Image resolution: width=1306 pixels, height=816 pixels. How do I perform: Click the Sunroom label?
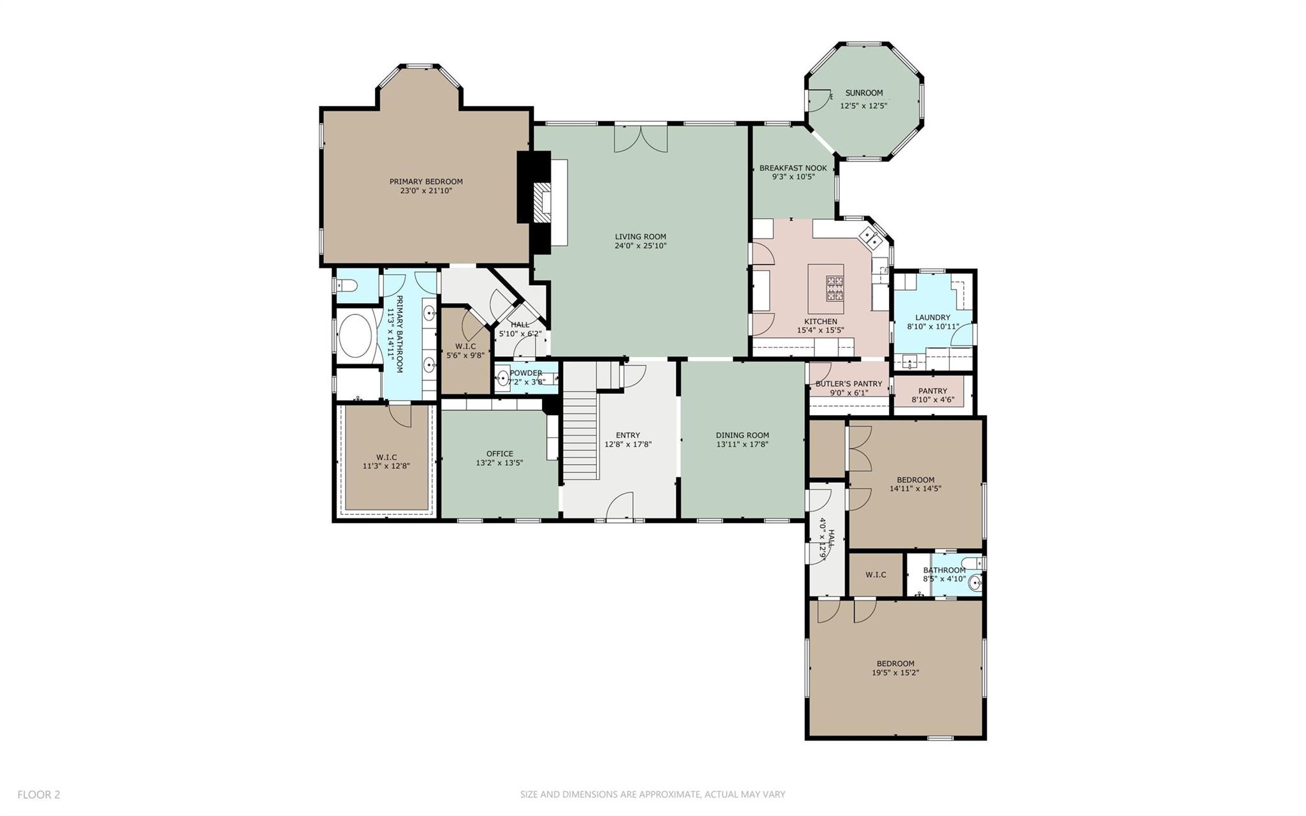tap(863, 93)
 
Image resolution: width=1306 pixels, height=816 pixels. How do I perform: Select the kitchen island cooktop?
tap(833, 288)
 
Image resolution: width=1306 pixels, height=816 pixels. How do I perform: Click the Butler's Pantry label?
tap(848, 384)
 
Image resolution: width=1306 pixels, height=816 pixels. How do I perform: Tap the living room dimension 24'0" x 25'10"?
tap(640, 246)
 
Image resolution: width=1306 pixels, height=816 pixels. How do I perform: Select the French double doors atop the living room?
tap(641, 139)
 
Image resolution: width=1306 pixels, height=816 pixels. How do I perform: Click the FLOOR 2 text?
tap(39, 794)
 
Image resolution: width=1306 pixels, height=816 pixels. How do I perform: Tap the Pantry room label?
tap(932, 391)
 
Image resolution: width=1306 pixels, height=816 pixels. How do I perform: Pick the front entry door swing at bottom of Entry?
tap(619, 508)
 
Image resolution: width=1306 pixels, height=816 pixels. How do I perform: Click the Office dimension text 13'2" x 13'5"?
tap(499, 463)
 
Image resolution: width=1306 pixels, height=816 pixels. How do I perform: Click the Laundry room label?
tap(932, 318)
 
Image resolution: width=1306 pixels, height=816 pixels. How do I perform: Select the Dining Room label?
tap(742, 436)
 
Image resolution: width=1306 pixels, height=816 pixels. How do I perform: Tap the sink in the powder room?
tap(503, 380)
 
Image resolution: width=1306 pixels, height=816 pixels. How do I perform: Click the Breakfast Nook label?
tap(793, 168)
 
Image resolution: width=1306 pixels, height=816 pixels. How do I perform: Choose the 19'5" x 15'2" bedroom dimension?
tap(895, 672)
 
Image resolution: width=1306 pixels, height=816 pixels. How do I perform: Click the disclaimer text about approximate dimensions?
tap(652, 794)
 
